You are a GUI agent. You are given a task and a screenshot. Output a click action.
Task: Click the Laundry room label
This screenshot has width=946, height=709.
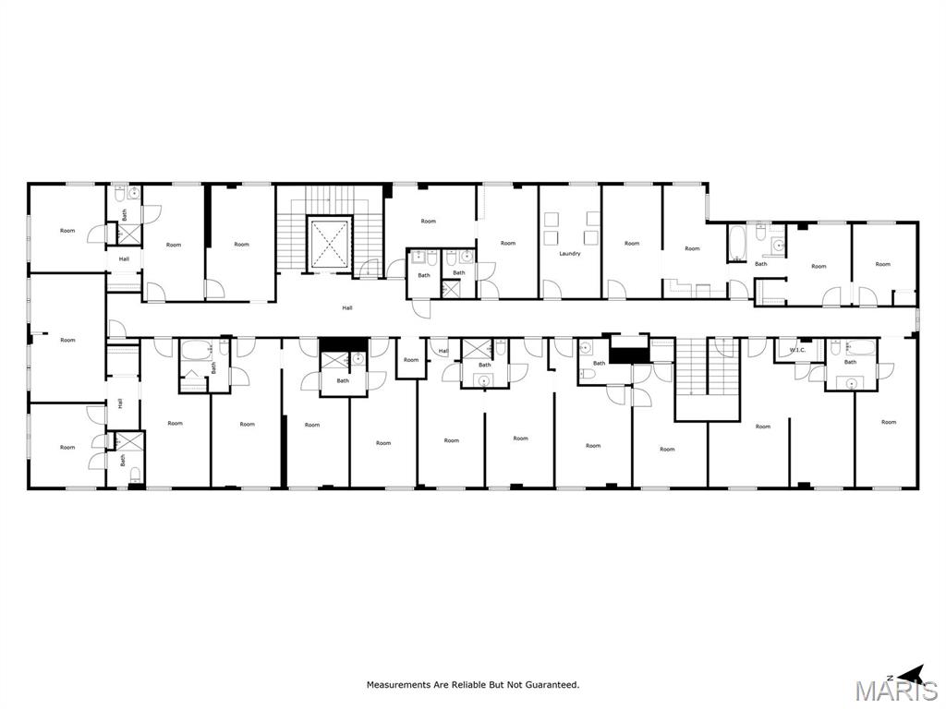click(x=569, y=253)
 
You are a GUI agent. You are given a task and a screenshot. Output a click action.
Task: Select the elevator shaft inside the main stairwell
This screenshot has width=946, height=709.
click(x=330, y=244)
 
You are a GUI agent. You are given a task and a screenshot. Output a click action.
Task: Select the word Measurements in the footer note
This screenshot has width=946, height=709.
click(x=399, y=685)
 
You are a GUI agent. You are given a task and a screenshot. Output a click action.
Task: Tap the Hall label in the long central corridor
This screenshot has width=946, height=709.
click(x=346, y=308)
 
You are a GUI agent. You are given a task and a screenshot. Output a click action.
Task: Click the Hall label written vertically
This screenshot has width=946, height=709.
click(x=120, y=403)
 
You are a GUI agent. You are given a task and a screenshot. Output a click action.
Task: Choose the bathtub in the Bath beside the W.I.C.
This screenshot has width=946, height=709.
click(x=859, y=349)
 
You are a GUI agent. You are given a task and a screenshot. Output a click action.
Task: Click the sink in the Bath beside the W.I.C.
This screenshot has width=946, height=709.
click(x=851, y=379)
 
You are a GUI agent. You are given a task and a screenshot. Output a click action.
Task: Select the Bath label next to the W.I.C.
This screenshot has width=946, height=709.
click(x=850, y=362)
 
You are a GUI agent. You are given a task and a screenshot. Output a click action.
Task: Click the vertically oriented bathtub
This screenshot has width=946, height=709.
click(x=735, y=243)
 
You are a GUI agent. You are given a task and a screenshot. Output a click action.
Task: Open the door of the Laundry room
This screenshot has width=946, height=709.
click(x=552, y=291)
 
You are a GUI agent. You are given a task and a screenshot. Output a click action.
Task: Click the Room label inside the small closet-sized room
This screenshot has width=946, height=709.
click(x=410, y=360)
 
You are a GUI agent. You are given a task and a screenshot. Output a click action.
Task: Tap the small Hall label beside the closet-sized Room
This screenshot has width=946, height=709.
click(x=443, y=351)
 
